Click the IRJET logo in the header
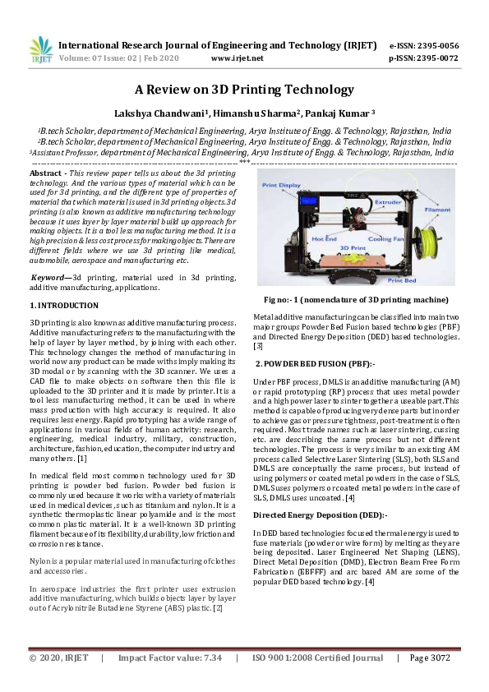point(41,51)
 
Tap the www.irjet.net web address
point(237,58)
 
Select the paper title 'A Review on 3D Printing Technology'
point(244,90)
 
